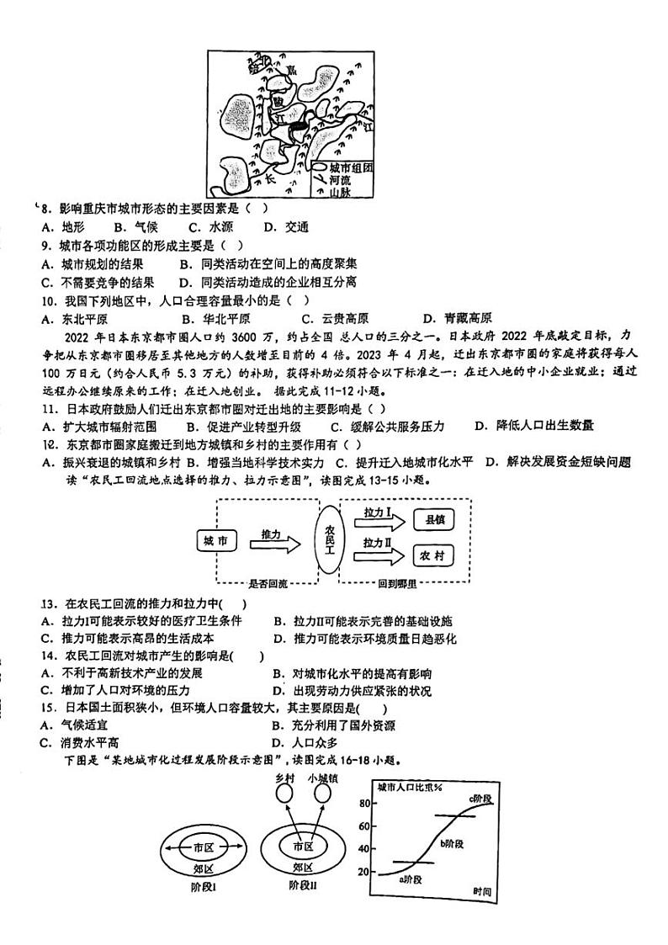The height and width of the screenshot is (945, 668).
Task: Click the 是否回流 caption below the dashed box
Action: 268,582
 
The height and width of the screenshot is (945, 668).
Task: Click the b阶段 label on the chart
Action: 455,842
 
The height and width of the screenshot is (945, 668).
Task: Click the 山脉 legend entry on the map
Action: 340,192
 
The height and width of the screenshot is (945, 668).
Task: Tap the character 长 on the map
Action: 270,179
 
